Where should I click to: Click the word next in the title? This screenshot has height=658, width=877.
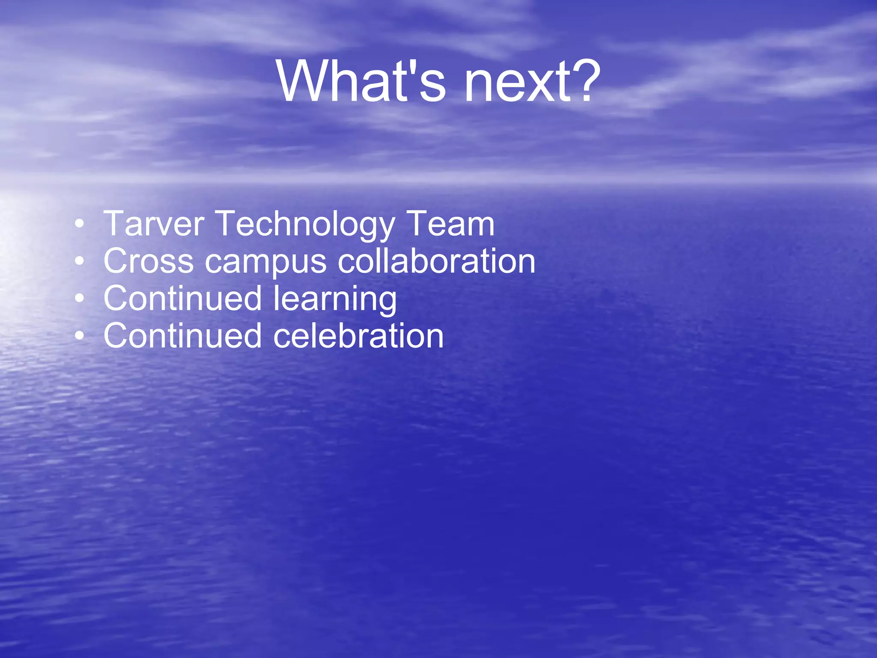518,81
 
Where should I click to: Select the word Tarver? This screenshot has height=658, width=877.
154,224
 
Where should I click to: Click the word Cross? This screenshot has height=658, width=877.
148,261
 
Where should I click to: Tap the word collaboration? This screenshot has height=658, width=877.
436,261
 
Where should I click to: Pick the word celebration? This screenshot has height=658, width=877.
358,336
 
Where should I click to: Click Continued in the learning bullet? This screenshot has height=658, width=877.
182,298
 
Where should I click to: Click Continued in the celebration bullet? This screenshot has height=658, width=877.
182,336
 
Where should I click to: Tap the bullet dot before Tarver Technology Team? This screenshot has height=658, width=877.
79,224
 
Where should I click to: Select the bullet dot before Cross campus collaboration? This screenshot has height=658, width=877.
79,261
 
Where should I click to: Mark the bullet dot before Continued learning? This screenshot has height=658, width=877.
79,299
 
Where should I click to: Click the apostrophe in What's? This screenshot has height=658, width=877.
409,68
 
